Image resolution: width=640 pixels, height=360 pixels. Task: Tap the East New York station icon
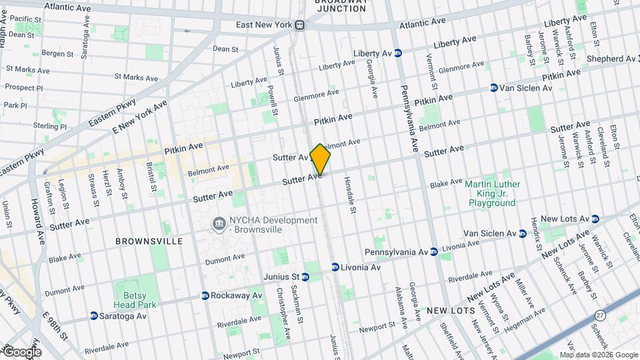(300, 25)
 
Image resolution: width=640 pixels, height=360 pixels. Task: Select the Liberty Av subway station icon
(398, 53)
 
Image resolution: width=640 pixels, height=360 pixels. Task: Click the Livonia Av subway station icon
(335, 267)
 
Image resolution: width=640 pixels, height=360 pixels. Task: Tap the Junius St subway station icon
(307, 277)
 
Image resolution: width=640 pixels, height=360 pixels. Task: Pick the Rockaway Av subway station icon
(205, 295)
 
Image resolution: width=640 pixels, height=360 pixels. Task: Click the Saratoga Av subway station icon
(94, 315)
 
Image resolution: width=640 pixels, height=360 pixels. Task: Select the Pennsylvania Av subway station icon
(433, 252)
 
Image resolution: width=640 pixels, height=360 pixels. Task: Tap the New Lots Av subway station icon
(595, 219)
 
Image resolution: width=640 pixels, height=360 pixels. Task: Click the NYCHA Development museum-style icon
(218, 224)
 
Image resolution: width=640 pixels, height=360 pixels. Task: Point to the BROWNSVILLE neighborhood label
(149, 241)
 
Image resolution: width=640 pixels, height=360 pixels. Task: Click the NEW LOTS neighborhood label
(451, 311)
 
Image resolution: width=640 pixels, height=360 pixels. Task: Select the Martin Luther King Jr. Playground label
(493, 193)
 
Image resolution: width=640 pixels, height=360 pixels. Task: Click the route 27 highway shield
(601, 315)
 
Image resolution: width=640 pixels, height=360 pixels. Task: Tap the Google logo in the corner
(21, 351)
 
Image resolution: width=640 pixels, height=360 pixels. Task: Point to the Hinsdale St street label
(349, 195)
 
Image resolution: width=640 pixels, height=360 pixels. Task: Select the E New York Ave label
(140, 117)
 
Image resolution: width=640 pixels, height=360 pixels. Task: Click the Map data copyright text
(598, 355)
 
